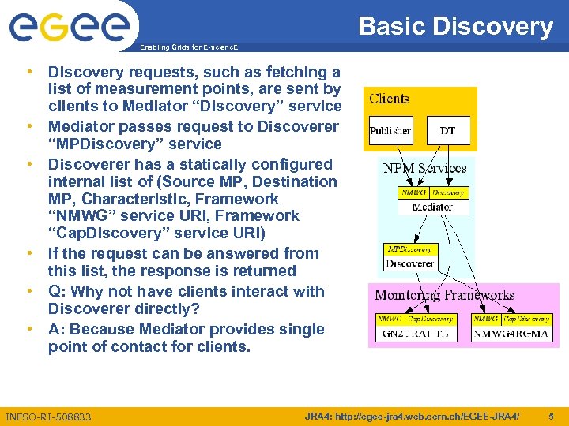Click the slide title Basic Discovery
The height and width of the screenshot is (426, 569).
coord(455,26)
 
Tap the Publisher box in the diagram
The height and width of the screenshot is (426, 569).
coord(390,131)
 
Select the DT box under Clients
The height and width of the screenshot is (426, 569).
coord(447,131)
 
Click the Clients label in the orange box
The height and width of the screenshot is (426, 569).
coord(390,99)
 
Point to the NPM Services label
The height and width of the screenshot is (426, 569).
coord(424,168)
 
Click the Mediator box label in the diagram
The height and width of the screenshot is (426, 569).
coord(432,207)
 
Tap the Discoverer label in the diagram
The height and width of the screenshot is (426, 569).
coord(409,263)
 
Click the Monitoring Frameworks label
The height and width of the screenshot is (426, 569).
coord(444,295)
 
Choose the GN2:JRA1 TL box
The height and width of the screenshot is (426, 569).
coord(415,334)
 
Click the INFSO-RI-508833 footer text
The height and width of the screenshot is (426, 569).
coord(48,417)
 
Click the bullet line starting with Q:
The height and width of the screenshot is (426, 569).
coord(186,291)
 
